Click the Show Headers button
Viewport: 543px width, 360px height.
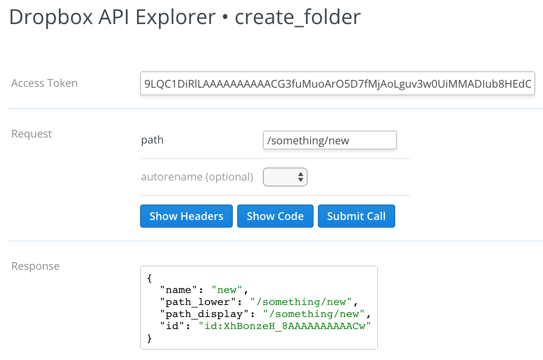click(x=186, y=216)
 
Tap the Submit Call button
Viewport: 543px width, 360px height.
click(x=357, y=216)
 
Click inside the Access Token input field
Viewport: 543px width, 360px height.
click(x=337, y=83)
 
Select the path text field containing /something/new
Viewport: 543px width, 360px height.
click(x=329, y=140)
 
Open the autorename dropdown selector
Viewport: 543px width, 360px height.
click(x=285, y=177)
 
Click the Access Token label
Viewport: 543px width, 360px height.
click(x=44, y=83)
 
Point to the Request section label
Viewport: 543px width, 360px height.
click(x=31, y=134)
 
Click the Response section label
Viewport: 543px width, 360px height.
click(x=35, y=266)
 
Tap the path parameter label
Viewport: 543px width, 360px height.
click(x=152, y=140)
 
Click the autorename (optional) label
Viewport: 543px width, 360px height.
click(x=197, y=177)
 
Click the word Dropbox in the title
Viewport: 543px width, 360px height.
click(x=51, y=17)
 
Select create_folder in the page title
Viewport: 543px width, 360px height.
click(x=298, y=17)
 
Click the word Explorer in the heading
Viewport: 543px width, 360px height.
click(x=176, y=17)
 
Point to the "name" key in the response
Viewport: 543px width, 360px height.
click(x=178, y=290)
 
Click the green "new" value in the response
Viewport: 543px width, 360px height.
click(x=227, y=290)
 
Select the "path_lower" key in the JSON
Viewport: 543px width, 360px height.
click(x=198, y=302)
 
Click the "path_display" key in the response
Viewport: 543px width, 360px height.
click(x=204, y=314)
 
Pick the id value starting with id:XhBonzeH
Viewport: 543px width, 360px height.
click(x=285, y=326)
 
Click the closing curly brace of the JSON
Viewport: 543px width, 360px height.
click(x=149, y=338)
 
